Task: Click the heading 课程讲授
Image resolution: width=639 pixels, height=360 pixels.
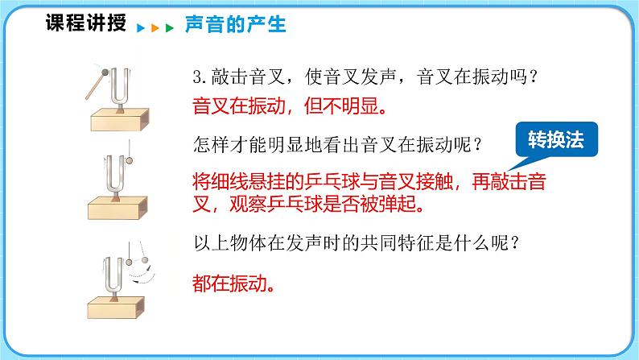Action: tap(85, 23)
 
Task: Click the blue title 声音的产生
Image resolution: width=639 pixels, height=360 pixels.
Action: tap(236, 24)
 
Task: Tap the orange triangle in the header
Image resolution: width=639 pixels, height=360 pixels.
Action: tap(155, 28)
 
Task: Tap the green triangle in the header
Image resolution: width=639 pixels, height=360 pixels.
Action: tap(170, 28)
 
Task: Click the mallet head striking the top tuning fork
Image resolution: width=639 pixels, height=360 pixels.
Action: tap(105, 72)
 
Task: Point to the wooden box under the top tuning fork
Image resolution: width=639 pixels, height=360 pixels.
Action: tap(119, 120)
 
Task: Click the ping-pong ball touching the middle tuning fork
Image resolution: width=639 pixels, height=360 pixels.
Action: tap(130, 160)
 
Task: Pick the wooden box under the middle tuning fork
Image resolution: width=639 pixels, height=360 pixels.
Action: tap(117, 208)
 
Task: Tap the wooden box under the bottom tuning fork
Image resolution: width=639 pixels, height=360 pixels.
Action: tap(117, 308)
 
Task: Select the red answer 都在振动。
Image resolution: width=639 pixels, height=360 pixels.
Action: tap(234, 283)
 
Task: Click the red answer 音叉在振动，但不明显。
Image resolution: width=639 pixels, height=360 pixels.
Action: tap(290, 107)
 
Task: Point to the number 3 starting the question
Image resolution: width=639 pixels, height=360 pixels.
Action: tap(198, 77)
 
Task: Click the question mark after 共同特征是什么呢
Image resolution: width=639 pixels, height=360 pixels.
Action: tap(515, 243)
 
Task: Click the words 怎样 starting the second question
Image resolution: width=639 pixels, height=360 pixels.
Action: tap(212, 145)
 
